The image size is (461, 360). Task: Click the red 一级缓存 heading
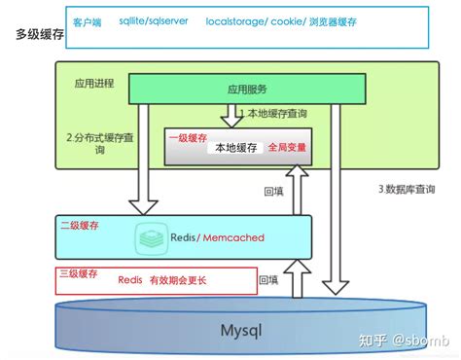[185, 138]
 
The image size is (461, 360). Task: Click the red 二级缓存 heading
[79, 224]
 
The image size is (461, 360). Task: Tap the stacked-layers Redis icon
[150, 237]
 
